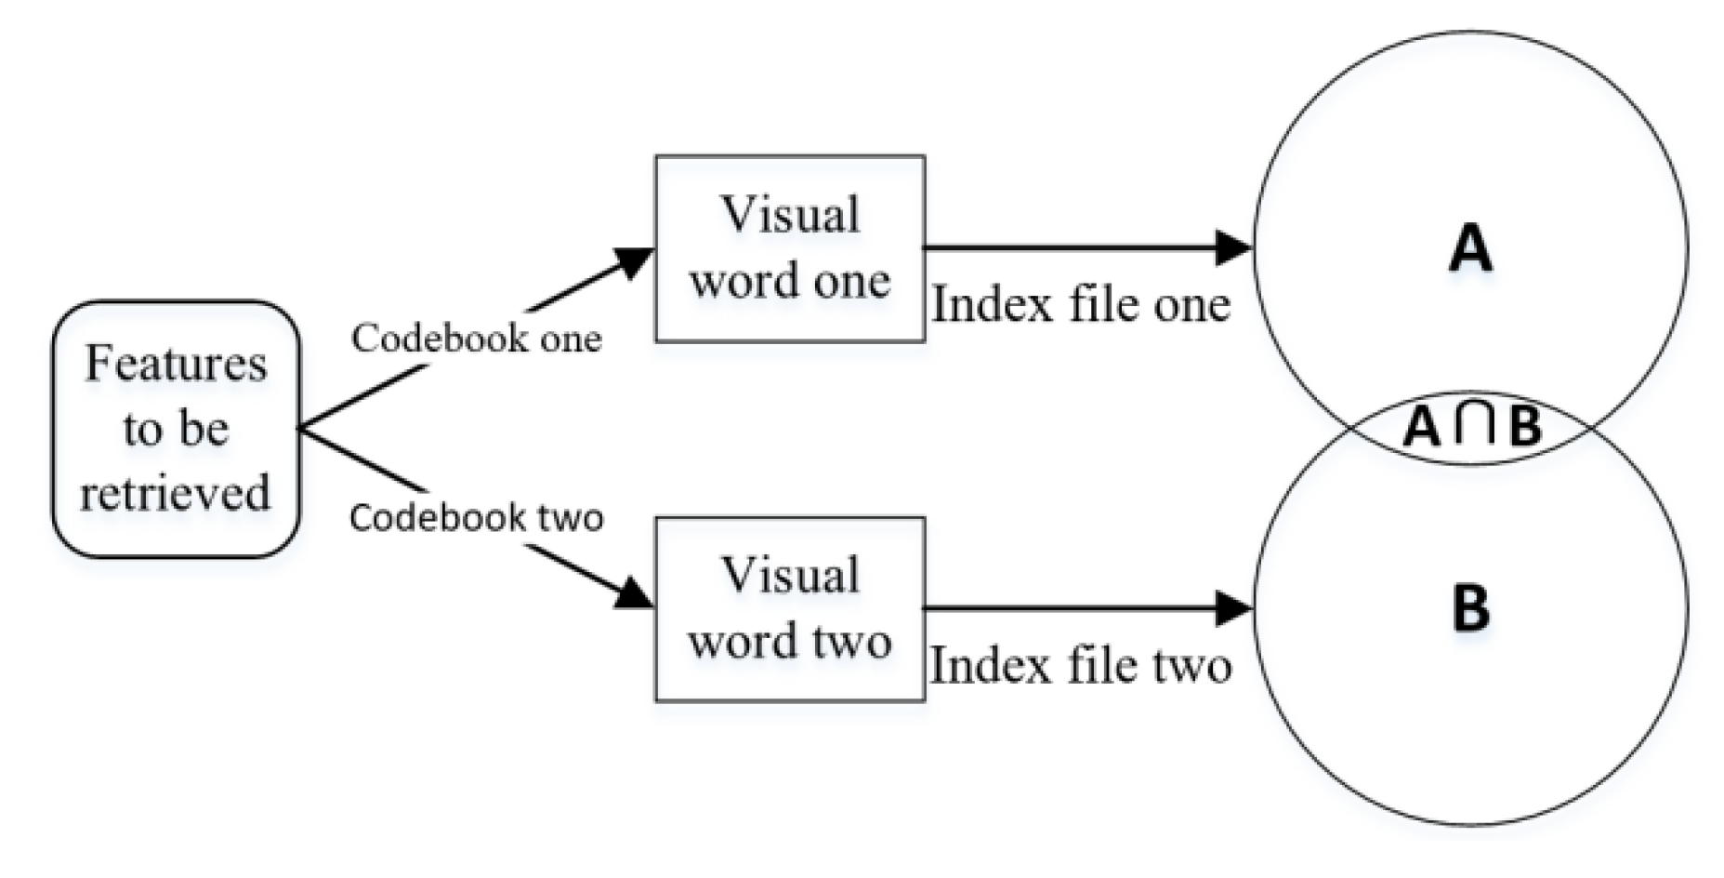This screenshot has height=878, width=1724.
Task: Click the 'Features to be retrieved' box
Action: [176, 429]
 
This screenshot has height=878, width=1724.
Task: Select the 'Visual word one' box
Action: [789, 248]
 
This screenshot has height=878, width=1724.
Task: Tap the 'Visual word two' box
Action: [789, 609]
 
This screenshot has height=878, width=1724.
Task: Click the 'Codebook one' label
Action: [476, 338]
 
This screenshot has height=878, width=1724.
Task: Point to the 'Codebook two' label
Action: [476, 517]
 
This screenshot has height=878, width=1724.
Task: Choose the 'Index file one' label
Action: [1081, 305]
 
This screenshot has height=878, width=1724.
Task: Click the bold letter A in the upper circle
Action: [1470, 249]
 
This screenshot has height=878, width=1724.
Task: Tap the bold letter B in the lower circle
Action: [1470, 608]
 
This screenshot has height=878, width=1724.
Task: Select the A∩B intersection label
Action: [1472, 427]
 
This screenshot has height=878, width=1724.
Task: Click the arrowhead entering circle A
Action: [1234, 247]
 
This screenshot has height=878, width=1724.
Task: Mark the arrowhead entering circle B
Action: [1234, 608]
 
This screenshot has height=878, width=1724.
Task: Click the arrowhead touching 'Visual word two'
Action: [636, 593]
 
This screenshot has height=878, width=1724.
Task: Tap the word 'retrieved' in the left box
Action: [176, 493]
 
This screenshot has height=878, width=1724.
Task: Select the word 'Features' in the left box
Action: [176, 364]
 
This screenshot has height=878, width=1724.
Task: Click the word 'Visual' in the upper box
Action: [791, 216]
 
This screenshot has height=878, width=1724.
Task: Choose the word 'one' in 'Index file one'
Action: [1191, 305]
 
